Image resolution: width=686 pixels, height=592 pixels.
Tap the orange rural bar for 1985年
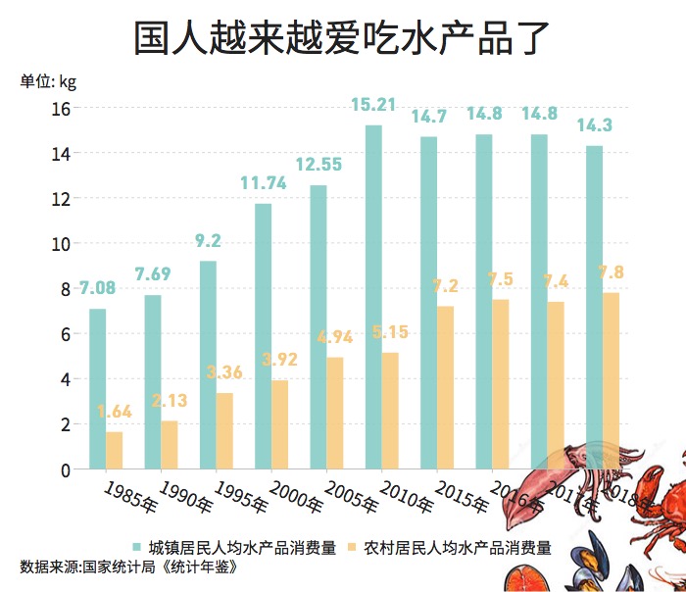[x=115, y=450]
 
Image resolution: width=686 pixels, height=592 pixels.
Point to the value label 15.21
[x=372, y=105]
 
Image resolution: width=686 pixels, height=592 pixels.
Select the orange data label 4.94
[x=334, y=338]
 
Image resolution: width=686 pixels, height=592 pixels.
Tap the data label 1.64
[x=114, y=412]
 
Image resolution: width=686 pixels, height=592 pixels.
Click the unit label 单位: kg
[x=48, y=81]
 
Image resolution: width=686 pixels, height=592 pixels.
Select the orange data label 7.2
[x=445, y=286]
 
